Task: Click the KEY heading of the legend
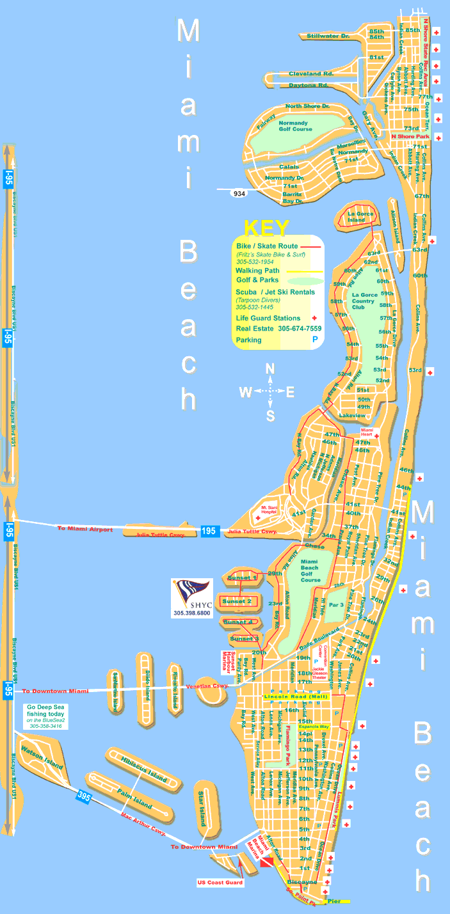click(267, 228)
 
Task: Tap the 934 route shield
click(239, 193)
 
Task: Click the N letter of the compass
click(270, 369)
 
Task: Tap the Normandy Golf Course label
click(294, 125)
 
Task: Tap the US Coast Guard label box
click(220, 883)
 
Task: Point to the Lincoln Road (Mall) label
click(296, 697)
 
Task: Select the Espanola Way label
click(330, 727)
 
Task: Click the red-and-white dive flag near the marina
click(266, 861)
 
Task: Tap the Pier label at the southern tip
click(334, 901)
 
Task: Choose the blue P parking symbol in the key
click(315, 340)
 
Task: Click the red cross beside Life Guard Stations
click(314, 318)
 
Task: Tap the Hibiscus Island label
click(143, 769)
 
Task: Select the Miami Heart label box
click(367, 432)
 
